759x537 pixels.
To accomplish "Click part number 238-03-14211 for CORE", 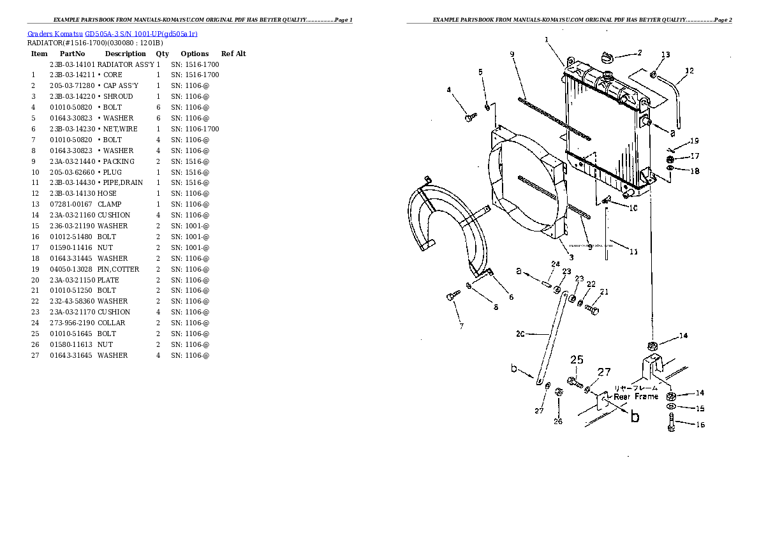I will [x=71, y=75].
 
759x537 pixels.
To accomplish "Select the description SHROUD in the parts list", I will [x=117, y=97].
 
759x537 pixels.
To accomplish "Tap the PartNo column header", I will [x=72, y=54].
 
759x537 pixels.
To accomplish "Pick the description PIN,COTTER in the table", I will [x=118, y=269].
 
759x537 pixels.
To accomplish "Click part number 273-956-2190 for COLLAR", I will [x=71, y=323].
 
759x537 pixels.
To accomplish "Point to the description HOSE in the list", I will [x=107, y=194].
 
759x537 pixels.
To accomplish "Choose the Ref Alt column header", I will [x=233, y=54].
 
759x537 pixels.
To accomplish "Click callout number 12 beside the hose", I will [x=689, y=71].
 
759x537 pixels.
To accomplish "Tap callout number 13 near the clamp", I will [x=665, y=55].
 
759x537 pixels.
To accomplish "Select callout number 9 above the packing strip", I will [x=512, y=54].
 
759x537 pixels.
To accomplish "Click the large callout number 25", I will [x=577, y=360].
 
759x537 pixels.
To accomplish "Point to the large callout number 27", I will [x=603, y=372].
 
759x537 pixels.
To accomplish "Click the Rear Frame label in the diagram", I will [x=635, y=397].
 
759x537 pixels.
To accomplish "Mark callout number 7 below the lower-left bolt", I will [x=461, y=327].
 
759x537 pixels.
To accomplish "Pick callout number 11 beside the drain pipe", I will [x=633, y=252].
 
